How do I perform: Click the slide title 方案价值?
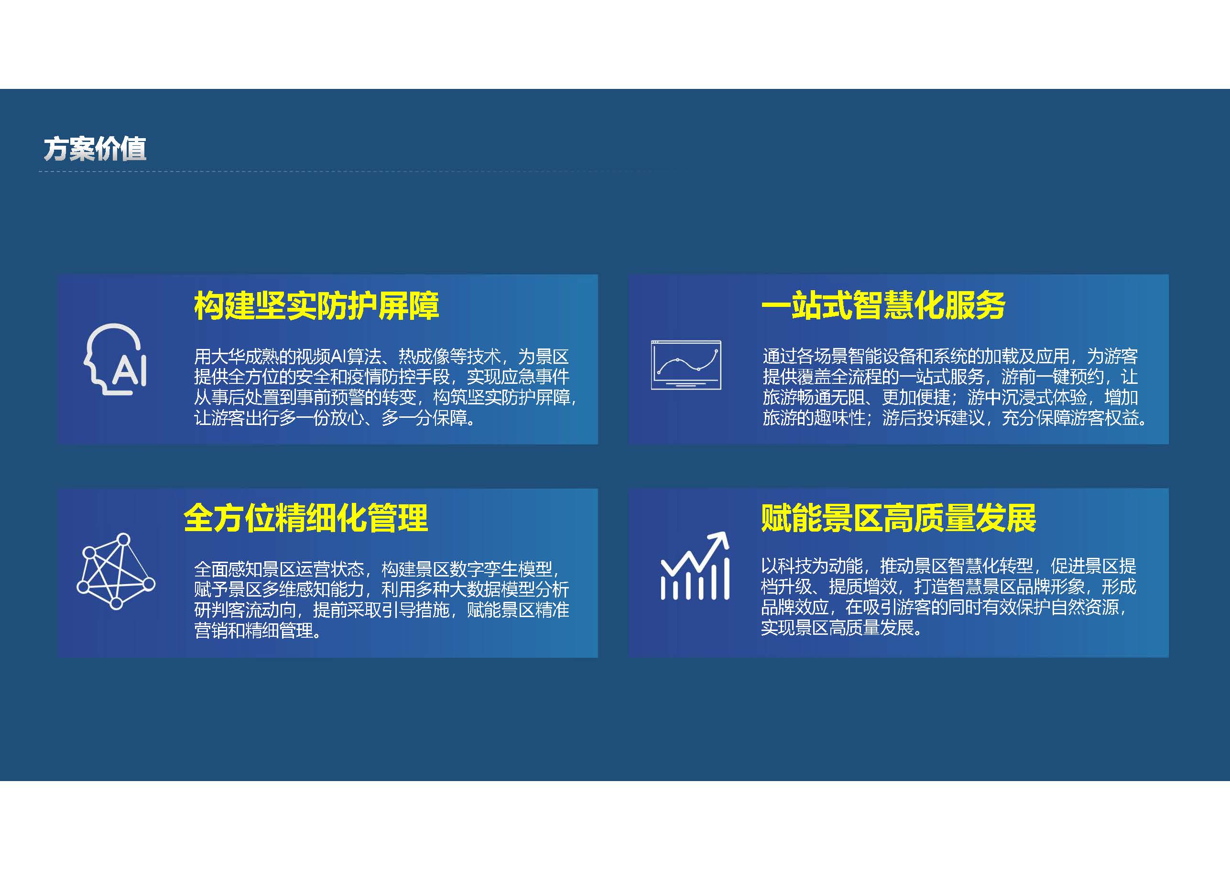pyautogui.click(x=95, y=149)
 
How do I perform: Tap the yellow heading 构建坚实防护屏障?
pyautogui.click(x=316, y=306)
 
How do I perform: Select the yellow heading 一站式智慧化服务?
pyautogui.click(x=883, y=306)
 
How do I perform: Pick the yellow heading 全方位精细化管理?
pyautogui.click(x=305, y=518)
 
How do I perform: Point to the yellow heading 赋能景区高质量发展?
pyautogui.click(x=898, y=518)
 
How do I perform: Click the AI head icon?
pyautogui.click(x=115, y=359)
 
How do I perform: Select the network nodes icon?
pyautogui.click(x=116, y=571)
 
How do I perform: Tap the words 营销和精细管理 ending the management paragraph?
pyautogui.click(x=253, y=631)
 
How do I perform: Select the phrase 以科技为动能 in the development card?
pyautogui.click(x=812, y=565)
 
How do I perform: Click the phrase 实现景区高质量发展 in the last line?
pyautogui.click(x=838, y=627)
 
